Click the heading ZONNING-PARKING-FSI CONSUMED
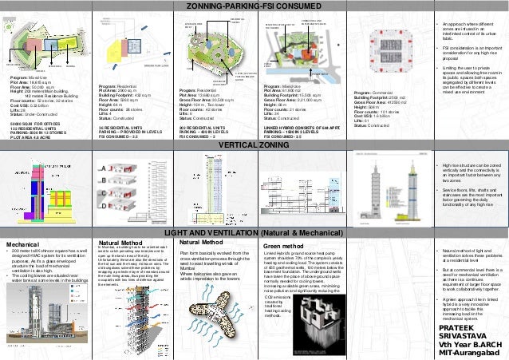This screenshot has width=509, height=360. tap(254, 6)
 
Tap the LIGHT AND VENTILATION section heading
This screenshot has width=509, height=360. tap(254, 231)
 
